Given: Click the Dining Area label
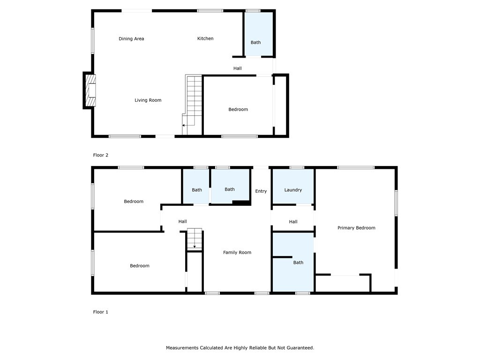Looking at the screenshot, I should pyautogui.click(x=131, y=39).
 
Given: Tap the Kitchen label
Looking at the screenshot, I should pyautogui.click(x=205, y=38).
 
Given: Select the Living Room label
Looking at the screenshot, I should pyautogui.click(x=148, y=100).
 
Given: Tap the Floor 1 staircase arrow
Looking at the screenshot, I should pyautogui.click(x=195, y=246).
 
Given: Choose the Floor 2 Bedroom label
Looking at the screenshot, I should pyautogui.click(x=238, y=110).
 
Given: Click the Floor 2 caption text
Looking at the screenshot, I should pyautogui.click(x=101, y=155).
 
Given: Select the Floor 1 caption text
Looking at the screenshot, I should pyautogui.click(x=101, y=312).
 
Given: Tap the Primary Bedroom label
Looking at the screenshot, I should pyautogui.click(x=356, y=228).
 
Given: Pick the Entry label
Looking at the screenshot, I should pyautogui.click(x=261, y=191).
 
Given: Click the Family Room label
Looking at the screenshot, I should pyautogui.click(x=237, y=253).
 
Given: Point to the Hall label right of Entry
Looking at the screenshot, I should pyautogui.click(x=293, y=222).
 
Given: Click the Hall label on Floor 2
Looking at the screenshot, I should pyautogui.click(x=238, y=69).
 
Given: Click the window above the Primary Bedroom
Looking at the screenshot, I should pyautogui.click(x=356, y=167).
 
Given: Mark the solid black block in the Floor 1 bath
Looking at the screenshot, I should pyautogui.click(x=242, y=202).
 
